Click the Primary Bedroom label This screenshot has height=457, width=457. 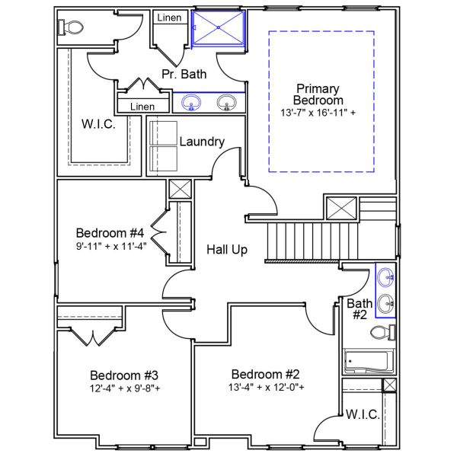pyautogui.click(x=319, y=94)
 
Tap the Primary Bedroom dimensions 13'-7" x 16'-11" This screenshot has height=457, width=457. pyautogui.click(x=319, y=113)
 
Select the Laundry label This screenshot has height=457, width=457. pyautogui.click(x=202, y=142)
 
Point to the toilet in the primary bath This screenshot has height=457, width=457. pyautogui.click(x=71, y=27)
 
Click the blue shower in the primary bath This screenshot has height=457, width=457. pyautogui.click(x=219, y=29)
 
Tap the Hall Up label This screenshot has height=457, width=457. pyautogui.click(x=227, y=249)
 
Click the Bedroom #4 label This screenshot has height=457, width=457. pyautogui.click(x=110, y=232)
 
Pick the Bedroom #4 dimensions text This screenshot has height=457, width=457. pyautogui.click(x=110, y=246)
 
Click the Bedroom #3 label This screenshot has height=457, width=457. pyautogui.click(x=124, y=376)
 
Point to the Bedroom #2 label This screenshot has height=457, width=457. pyautogui.click(x=266, y=375)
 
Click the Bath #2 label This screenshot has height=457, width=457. pyautogui.click(x=360, y=308)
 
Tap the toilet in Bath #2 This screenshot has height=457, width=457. pyautogui.click(x=382, y=332)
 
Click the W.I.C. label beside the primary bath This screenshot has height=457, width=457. pyautogui.click(x=99, y=124)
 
